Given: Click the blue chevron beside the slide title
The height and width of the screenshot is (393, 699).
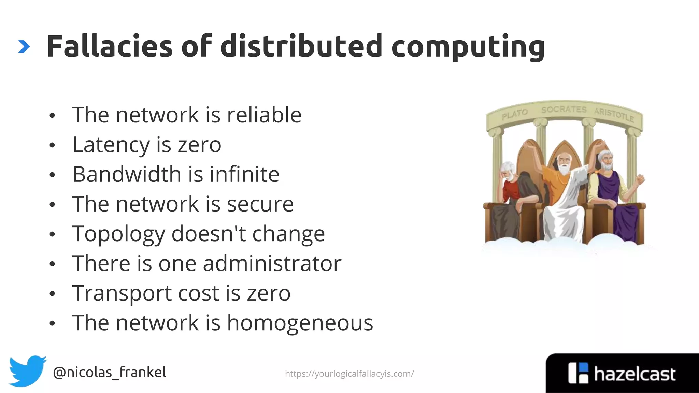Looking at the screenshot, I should pyautogui.click(x=24, y=47).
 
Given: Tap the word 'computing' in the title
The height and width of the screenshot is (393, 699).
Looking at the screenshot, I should pyautogui.click(x=468, y=47).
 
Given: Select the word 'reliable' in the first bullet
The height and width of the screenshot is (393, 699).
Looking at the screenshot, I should pyautogui.click(x=264, y=115).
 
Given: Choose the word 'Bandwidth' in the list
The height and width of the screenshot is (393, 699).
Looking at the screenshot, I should pyautogui.click(x=127, y=174).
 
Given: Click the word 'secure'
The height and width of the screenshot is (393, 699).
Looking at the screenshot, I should pyautogui.click(x=260, y=204).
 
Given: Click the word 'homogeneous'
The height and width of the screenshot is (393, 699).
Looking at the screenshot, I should pyautogui.click(x=300, y=323).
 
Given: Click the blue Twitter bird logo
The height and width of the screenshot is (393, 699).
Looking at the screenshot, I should pyautogui.click(x=27, y=371).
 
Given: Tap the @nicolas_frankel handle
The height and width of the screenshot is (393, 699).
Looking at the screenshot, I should pyautogui.click(x=110, y=372).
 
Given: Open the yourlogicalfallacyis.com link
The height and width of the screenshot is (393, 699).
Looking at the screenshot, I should pyautogui.click(x=349, y=374).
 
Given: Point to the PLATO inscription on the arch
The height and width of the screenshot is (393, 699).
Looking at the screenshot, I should pyautogui.click(x=514, y=114).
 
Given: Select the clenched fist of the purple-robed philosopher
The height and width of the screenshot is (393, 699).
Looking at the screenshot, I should pyautogui.click(x=640, y=179).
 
